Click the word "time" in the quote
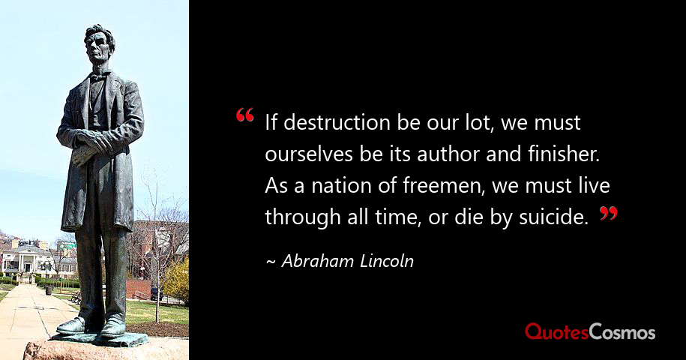coord(397,218)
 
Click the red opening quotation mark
coord(244,115)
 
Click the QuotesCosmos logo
coord(590,332)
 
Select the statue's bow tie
coord(98,76)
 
